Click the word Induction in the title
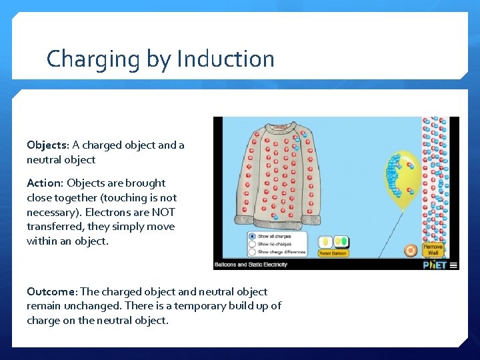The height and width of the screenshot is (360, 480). pos(225,59)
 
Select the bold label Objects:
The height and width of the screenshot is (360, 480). pos(47,145)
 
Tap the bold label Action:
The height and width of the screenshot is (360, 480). pos(44,183)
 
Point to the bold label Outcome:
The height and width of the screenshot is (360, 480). pos(51,291)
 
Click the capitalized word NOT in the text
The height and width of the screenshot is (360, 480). pos(163,212)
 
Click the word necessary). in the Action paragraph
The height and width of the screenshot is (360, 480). pos(55,212)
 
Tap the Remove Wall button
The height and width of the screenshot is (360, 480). pos(433,249)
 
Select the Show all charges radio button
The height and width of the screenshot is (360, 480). pos(252,236)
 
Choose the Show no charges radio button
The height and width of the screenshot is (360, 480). pos(252,244)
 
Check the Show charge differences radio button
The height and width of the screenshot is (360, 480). pos(252,252)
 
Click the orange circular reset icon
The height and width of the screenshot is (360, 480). pos(411,250)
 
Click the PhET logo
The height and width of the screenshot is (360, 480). pos(435,265)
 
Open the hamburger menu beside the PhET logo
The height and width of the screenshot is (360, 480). pos(453,265)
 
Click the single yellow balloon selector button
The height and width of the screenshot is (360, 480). pos(326,241)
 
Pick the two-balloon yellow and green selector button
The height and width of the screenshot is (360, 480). pos(341,241)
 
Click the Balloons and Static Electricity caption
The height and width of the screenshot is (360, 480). pos(251,265)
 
